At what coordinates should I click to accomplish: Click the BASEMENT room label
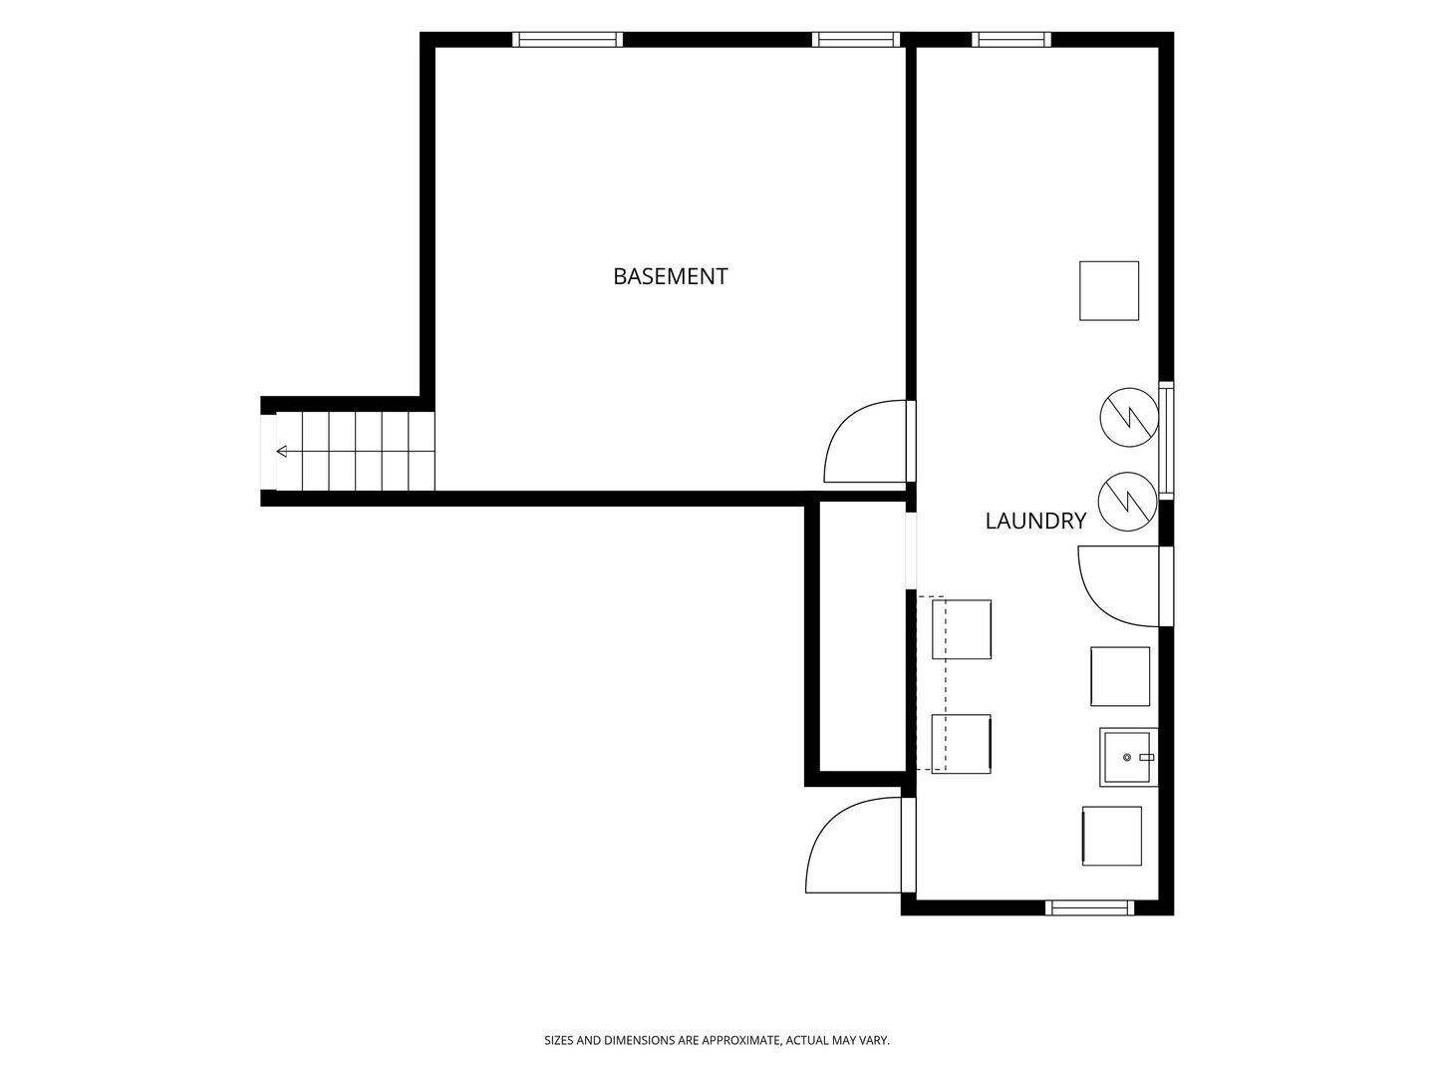pos(670,276)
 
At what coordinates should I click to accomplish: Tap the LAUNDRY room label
pos(1035,522)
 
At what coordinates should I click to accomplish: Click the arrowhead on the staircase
pos(282,451)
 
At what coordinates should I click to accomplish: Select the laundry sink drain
pos(1126,757)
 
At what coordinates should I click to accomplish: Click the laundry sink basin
pos(1128,757)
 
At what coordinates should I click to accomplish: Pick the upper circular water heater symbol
pos(1129,417)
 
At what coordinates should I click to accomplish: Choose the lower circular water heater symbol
pos(1127,502)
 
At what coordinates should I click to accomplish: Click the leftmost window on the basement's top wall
pos(567,40)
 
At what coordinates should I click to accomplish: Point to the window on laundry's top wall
pos(1011,40)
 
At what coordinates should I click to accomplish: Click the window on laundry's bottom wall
pos(1089,907)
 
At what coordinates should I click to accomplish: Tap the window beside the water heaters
pos(1166,441)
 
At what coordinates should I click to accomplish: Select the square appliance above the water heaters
pos(1109,291)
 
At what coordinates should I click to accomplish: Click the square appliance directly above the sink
pos(1120,677)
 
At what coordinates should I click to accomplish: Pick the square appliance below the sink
pos(1112,837)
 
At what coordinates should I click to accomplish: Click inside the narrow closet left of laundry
pos(862,636)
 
